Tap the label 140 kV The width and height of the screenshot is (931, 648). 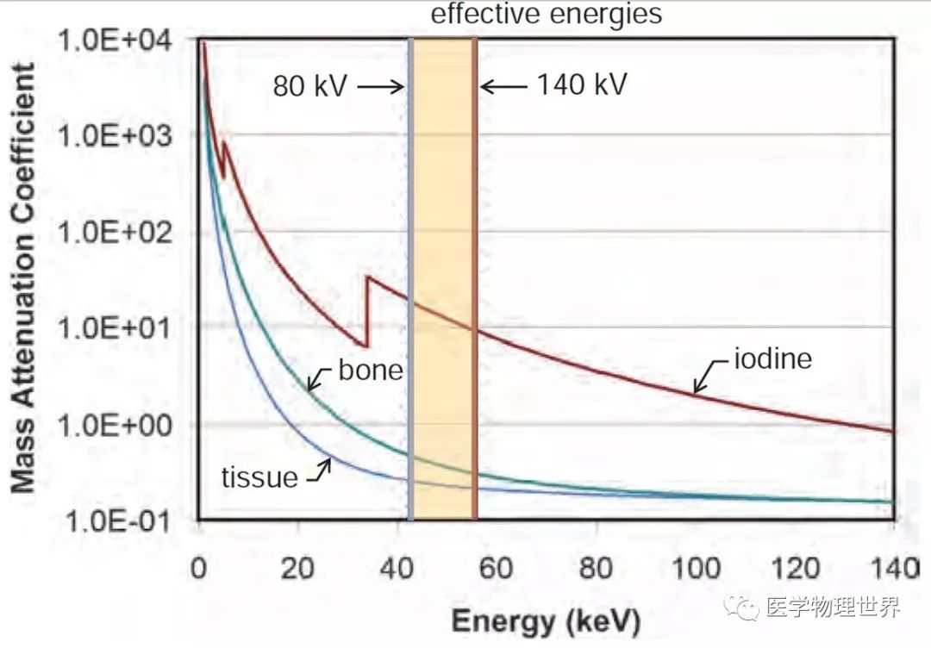pyautogui.click(x=582, y=85)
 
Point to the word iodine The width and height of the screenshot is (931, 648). pyautogui.click(x=772, y=358)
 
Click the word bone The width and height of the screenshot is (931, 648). pyautogui.click(x=370, y=370)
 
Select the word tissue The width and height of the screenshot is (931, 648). pyautogui.click(x=259, y=477)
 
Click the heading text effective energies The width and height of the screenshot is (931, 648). pyautogui.click(x=547, y=14)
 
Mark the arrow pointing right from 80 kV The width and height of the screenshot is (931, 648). pyautogui.click(x=379, y=86)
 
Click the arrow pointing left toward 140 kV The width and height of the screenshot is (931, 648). pyautogui.click(x=503, y=86)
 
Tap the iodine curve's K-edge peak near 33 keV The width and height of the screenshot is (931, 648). pyautogui.click(x=368, y=277)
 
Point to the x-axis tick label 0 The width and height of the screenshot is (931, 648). pyautogui.click(x=199, y=570)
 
